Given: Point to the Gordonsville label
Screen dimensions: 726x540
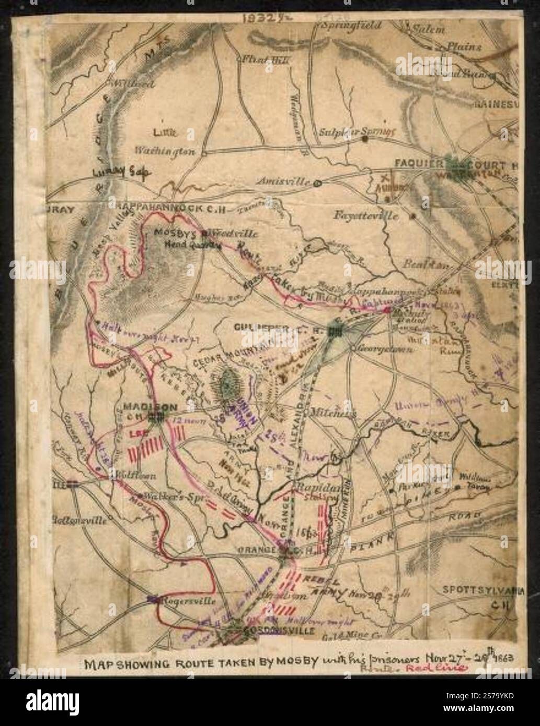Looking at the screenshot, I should (280, 630).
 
